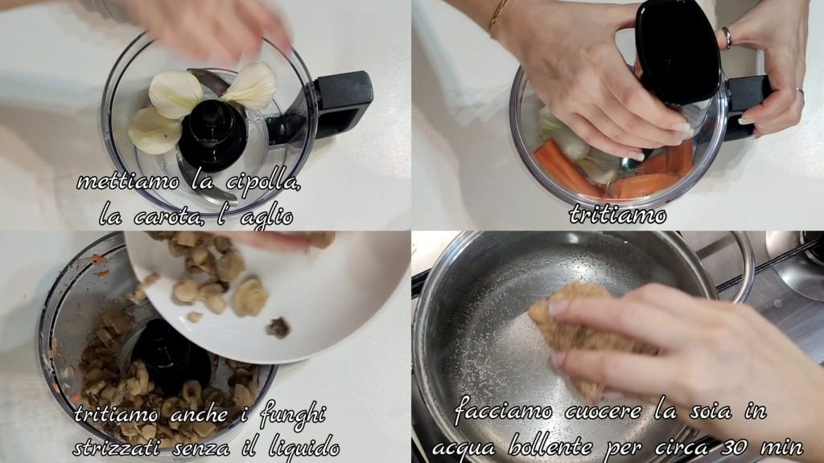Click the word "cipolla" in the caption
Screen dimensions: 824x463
click(263, 182)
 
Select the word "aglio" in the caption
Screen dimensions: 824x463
click(266, 217)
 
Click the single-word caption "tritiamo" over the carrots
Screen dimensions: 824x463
click(617, 215)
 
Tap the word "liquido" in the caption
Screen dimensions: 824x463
click(303, 447)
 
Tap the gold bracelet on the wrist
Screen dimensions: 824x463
click(496, 16)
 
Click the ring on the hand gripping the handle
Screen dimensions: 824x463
click(727, 38)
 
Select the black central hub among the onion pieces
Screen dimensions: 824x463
click(213, 135)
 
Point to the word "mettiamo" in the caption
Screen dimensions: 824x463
click(128, 182)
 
